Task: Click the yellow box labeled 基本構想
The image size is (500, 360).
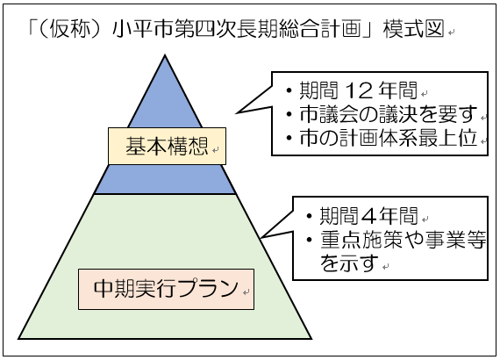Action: point(167,146)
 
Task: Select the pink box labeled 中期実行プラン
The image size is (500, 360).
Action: point(166,289)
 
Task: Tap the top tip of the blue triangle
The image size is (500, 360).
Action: point(165,55)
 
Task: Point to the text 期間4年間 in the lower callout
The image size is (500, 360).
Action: point(368,216)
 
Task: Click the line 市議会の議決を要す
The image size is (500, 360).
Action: point(388,114)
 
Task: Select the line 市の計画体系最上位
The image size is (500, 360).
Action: point(388,138)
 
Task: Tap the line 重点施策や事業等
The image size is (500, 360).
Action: point(403,240)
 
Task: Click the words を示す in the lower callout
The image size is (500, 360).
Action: point(349,263)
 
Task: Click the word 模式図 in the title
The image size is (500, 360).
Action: point(413,28)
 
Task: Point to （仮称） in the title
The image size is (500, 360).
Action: point(69,28)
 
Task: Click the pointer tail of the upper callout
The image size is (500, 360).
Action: point(236,112)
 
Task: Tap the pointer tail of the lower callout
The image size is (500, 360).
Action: point(261,237)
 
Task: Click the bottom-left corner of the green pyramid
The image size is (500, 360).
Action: point(18,338)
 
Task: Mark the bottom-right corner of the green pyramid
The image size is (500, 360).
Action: point(311,338)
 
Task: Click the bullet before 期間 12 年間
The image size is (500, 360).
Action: point(289,91)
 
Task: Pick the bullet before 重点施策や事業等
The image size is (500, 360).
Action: point(309,240)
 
